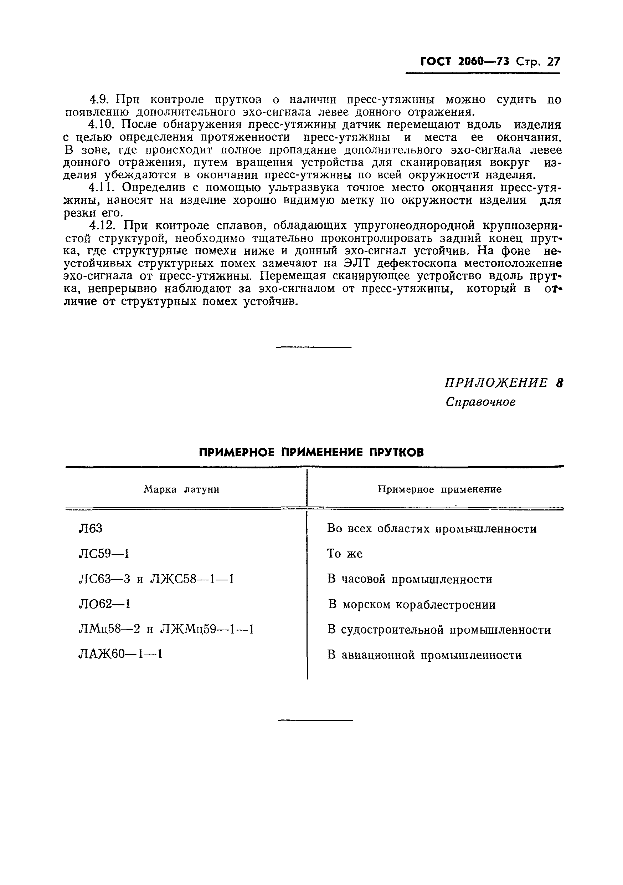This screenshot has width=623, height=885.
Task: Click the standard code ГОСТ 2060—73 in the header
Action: click(464, 62)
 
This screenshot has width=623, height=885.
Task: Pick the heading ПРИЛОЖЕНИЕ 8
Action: click(503, 383)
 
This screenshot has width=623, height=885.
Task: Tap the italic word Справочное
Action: click(480, 402)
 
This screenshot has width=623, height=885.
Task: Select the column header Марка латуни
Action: click(181, 489)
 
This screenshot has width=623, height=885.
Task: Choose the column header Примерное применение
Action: click(439, 489)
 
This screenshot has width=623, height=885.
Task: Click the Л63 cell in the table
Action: click(91, 528)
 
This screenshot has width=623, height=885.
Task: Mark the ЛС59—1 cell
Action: click(104, 554)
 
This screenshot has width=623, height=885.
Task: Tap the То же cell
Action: click(345, 554)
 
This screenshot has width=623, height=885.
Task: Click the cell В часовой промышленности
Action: click(410, 579)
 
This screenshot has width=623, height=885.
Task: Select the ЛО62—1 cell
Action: click(104, 604)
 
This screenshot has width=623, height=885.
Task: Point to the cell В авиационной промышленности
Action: click(424, 655)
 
